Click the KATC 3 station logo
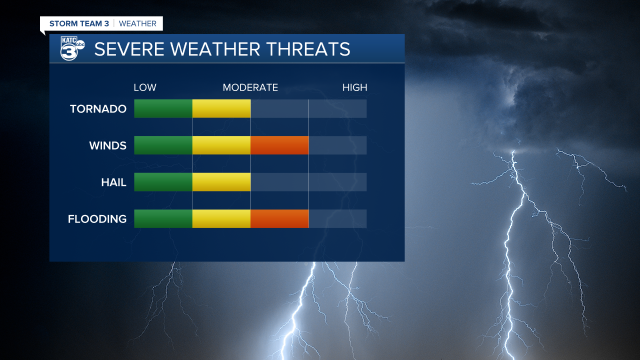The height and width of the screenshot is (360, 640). click(72, 48)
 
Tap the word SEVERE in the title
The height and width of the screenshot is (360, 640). click(129, 49)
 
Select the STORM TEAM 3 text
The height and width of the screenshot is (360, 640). click(79, 23)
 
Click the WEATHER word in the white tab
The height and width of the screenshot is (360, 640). click(137, 23)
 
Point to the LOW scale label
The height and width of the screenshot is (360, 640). click(145, 87)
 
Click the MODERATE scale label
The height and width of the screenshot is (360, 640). click(250, 87)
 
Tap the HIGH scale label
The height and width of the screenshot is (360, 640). click(354, 87)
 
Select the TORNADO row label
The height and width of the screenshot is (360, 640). click(98, 109)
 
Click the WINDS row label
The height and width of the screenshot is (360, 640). click(107, 145)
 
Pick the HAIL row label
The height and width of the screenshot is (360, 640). click(113, 182)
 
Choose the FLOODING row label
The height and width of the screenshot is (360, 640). click(97, 219)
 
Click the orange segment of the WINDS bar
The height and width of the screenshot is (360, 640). click(279, 145)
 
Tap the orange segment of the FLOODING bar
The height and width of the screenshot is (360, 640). click(279, 219)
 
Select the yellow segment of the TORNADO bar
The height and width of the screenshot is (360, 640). click(221, 108)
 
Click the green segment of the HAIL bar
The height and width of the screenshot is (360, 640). click(163, 182)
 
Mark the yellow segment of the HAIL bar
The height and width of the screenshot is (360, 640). click(221, 182)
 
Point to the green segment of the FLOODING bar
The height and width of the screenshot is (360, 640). click(163, 219)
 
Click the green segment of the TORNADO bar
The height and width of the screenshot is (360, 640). click(163, 108)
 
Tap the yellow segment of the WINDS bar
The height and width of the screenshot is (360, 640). click(221, 145)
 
